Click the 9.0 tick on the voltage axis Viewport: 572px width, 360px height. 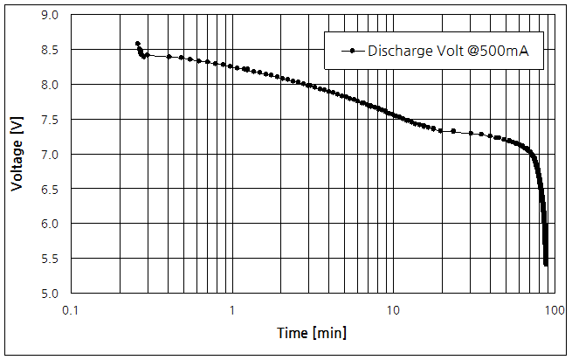pos(50,15)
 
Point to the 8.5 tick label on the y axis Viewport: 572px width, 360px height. pos(50,50)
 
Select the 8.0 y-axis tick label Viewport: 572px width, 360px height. pos(50,85)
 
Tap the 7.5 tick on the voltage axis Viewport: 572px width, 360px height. pos(50,120)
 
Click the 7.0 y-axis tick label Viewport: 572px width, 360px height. pos(50,155)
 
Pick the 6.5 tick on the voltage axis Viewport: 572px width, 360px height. pos(50,189)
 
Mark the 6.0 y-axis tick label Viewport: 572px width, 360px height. pos(50,224)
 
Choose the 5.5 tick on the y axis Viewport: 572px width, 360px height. pos(50,259)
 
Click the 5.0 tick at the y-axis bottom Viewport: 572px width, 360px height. pos(50,294)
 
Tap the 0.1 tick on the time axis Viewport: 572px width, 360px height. pos(72,309)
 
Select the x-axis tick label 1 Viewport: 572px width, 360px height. pos(232,309)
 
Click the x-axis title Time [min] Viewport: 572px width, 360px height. pos(312,333)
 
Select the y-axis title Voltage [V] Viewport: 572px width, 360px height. pos(17,155)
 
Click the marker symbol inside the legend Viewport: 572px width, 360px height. pos(350,51)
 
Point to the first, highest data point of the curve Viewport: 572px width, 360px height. pos(138,43)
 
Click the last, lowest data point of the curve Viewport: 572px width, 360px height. pos(546,264)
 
